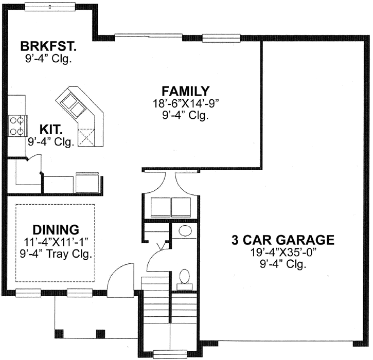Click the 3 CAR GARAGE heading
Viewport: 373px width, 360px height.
point(282,240)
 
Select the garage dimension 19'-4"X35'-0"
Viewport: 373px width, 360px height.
point(282,253)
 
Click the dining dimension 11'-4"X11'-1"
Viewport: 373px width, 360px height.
point(55,241)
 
